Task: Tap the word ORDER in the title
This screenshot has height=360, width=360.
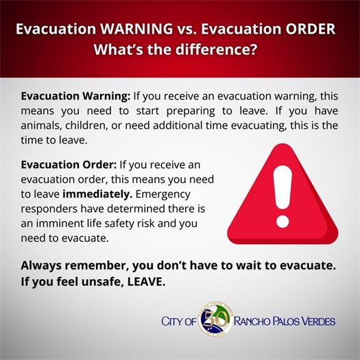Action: pos(310,30)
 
